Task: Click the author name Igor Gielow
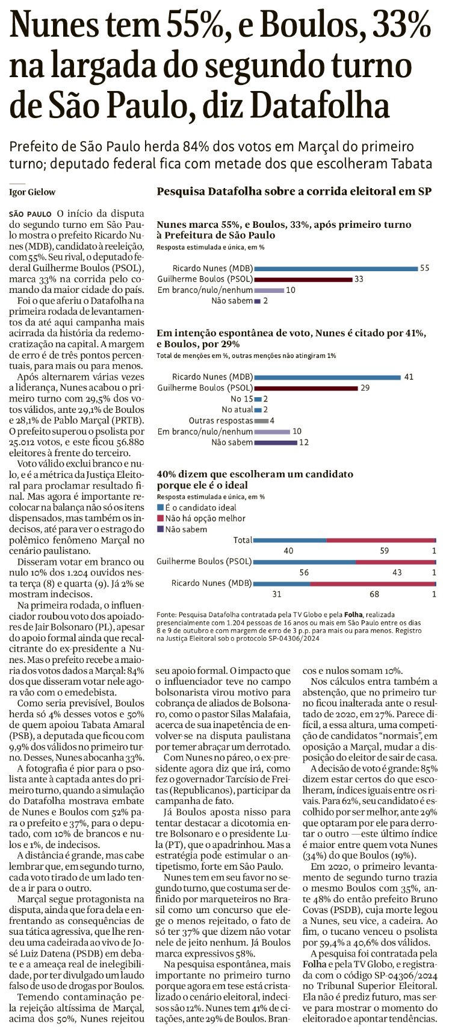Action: click(32, 192)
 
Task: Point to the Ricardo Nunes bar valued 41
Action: click(327, 377)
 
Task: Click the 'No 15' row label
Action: click(241, 399)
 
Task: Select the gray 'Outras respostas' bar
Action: click(261, 421)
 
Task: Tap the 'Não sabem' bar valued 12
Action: click(276, 442)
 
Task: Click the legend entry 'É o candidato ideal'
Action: click(197, 507)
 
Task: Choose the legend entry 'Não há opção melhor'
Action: click(201, 518)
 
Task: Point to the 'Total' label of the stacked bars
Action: click(243, 540)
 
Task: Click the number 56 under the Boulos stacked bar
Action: click(304, 573)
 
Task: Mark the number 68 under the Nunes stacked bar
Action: click(374, 594)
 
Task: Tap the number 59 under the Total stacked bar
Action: click(384, 551)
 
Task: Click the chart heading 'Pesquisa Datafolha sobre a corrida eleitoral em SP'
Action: click(294, 192)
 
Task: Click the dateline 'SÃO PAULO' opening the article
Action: click(31, 214)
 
